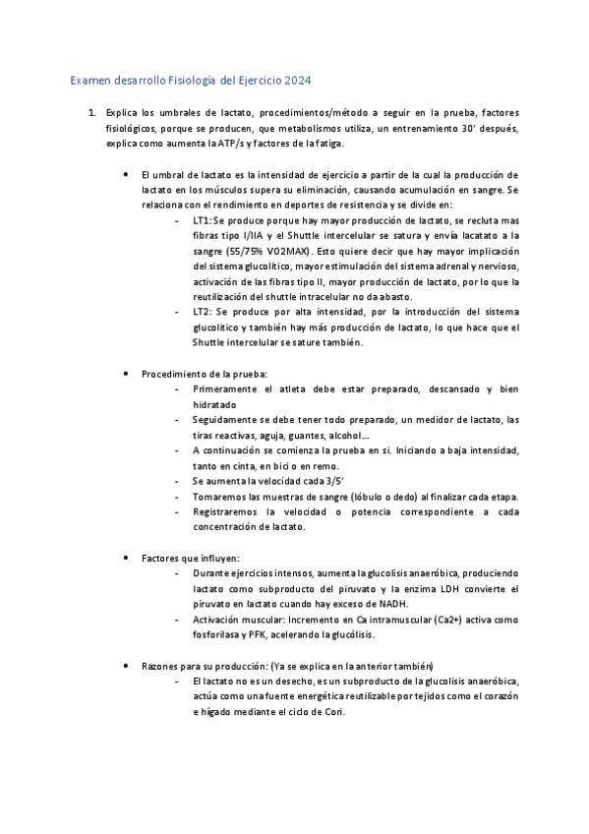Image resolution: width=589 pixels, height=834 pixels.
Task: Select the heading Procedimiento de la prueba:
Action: pos(204,374)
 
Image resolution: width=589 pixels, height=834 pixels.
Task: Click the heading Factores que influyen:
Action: pos(183,558)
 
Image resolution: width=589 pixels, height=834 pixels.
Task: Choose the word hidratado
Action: pos(215,404)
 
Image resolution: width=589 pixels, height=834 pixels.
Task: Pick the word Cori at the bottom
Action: pos(335,711)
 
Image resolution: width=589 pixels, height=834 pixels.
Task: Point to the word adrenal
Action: pos(443,267)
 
